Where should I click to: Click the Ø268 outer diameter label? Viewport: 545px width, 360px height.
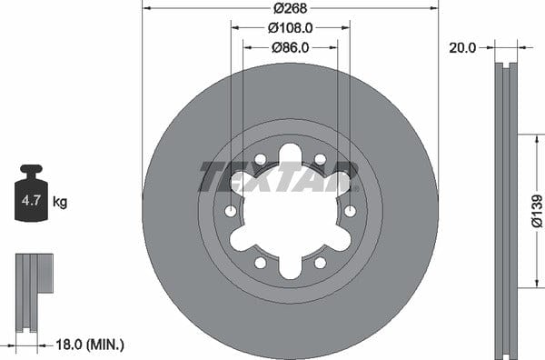click(291, 7)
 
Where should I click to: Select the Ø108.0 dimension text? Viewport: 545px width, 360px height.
click(291, 28)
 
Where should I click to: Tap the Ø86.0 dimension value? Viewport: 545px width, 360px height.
click(291, 47)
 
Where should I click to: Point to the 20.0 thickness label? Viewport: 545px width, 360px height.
click(462, 47)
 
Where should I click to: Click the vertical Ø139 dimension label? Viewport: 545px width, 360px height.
click(537, 211)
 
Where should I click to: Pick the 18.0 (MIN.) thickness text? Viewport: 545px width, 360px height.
click(90, 345)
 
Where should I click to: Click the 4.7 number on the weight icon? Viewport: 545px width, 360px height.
click(31, 200)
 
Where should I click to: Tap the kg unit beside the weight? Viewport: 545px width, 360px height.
click(60, 202)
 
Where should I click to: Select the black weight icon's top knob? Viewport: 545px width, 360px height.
click(31, 170)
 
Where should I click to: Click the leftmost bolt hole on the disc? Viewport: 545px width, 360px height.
click(231, 211)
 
